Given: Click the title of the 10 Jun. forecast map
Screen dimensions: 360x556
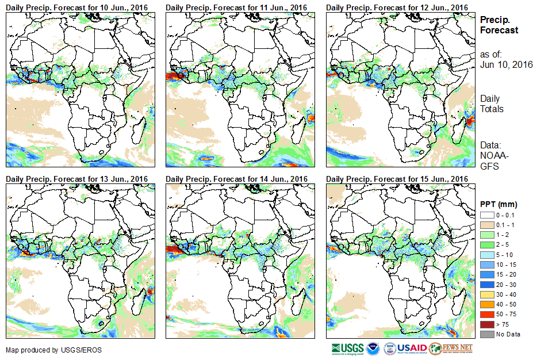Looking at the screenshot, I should (x=77, y=7).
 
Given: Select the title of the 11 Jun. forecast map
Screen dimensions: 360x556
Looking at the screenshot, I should (x=237, y=7).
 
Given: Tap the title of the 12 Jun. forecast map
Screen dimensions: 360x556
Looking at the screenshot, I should (x=397, y=7).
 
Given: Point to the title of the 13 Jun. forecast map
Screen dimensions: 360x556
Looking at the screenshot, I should (x=77, y=179).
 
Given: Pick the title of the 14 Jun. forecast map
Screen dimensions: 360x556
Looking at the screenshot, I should (x=237, y=179).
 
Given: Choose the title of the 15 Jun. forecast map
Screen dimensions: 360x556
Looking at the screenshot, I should (x=397, y=179).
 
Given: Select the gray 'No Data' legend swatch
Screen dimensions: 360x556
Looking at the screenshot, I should (x=486, y=334).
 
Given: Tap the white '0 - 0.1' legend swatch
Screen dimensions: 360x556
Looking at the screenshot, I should (x=486, y=215).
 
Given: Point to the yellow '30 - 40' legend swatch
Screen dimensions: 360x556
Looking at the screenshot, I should (x=486, y=294).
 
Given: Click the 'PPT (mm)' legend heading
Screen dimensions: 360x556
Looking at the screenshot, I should (x=499, y=204).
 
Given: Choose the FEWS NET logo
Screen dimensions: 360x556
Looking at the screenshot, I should (x=451, y=348).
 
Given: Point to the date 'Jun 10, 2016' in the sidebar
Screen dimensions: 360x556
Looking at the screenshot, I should (x=507, y=64).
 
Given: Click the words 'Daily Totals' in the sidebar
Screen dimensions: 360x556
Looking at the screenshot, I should (x=492, y=104).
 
